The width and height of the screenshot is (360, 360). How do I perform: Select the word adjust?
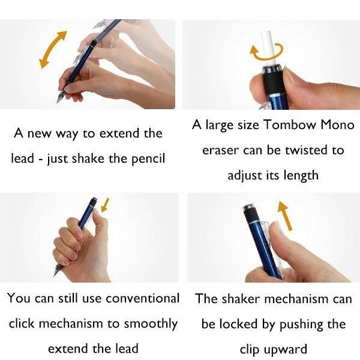pos(246,175)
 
